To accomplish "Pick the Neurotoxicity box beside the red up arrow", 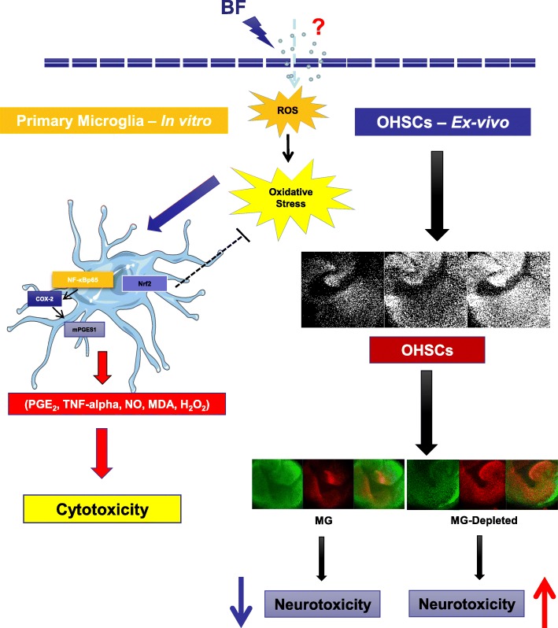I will tap(467, 605).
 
